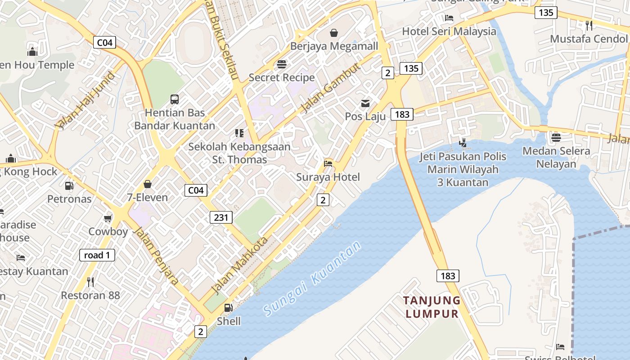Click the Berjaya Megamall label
334,46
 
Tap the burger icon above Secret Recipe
282,64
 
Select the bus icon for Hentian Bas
175,99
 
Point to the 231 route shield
221,218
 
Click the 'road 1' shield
97,255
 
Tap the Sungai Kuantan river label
312,278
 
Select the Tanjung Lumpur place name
432,307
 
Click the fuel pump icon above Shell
229,308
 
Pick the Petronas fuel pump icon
69,185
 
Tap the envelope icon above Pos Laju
365,103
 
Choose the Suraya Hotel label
328,177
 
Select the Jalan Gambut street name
330,88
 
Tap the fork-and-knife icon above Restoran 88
90,282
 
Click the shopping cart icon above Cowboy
108,219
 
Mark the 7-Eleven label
147,197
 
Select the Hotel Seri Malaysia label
449,31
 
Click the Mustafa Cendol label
589,39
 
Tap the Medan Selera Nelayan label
556,157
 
